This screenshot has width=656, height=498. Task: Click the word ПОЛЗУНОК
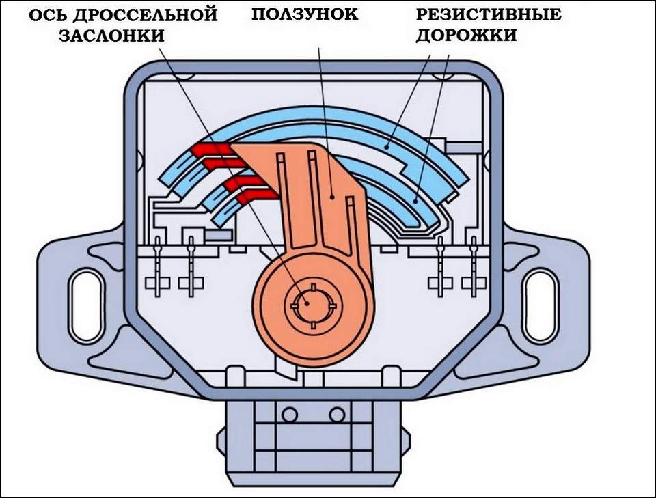305,14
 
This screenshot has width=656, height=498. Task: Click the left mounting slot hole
85,294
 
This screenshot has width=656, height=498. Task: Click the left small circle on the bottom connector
289,414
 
